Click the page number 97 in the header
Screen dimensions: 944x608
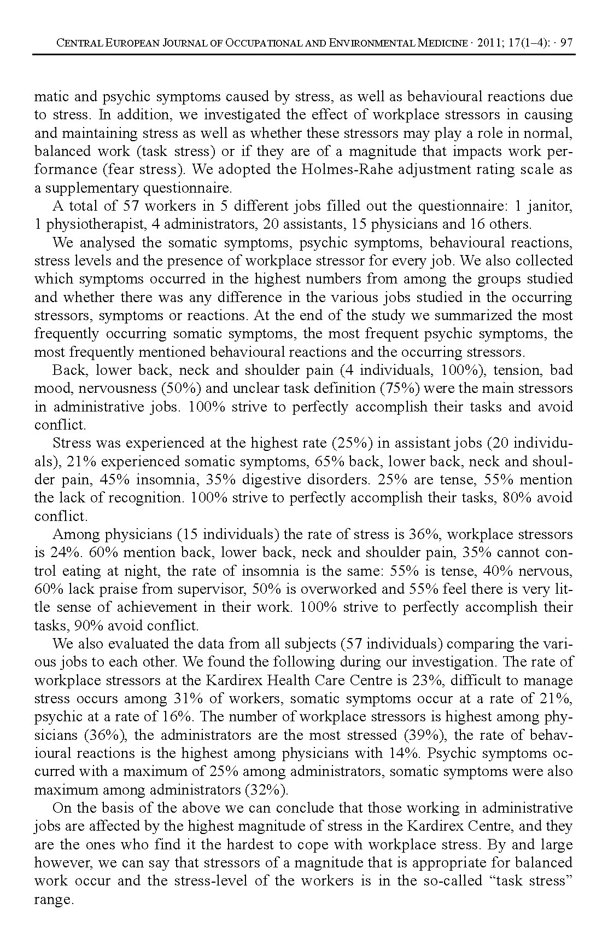click(x=566, y=43)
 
